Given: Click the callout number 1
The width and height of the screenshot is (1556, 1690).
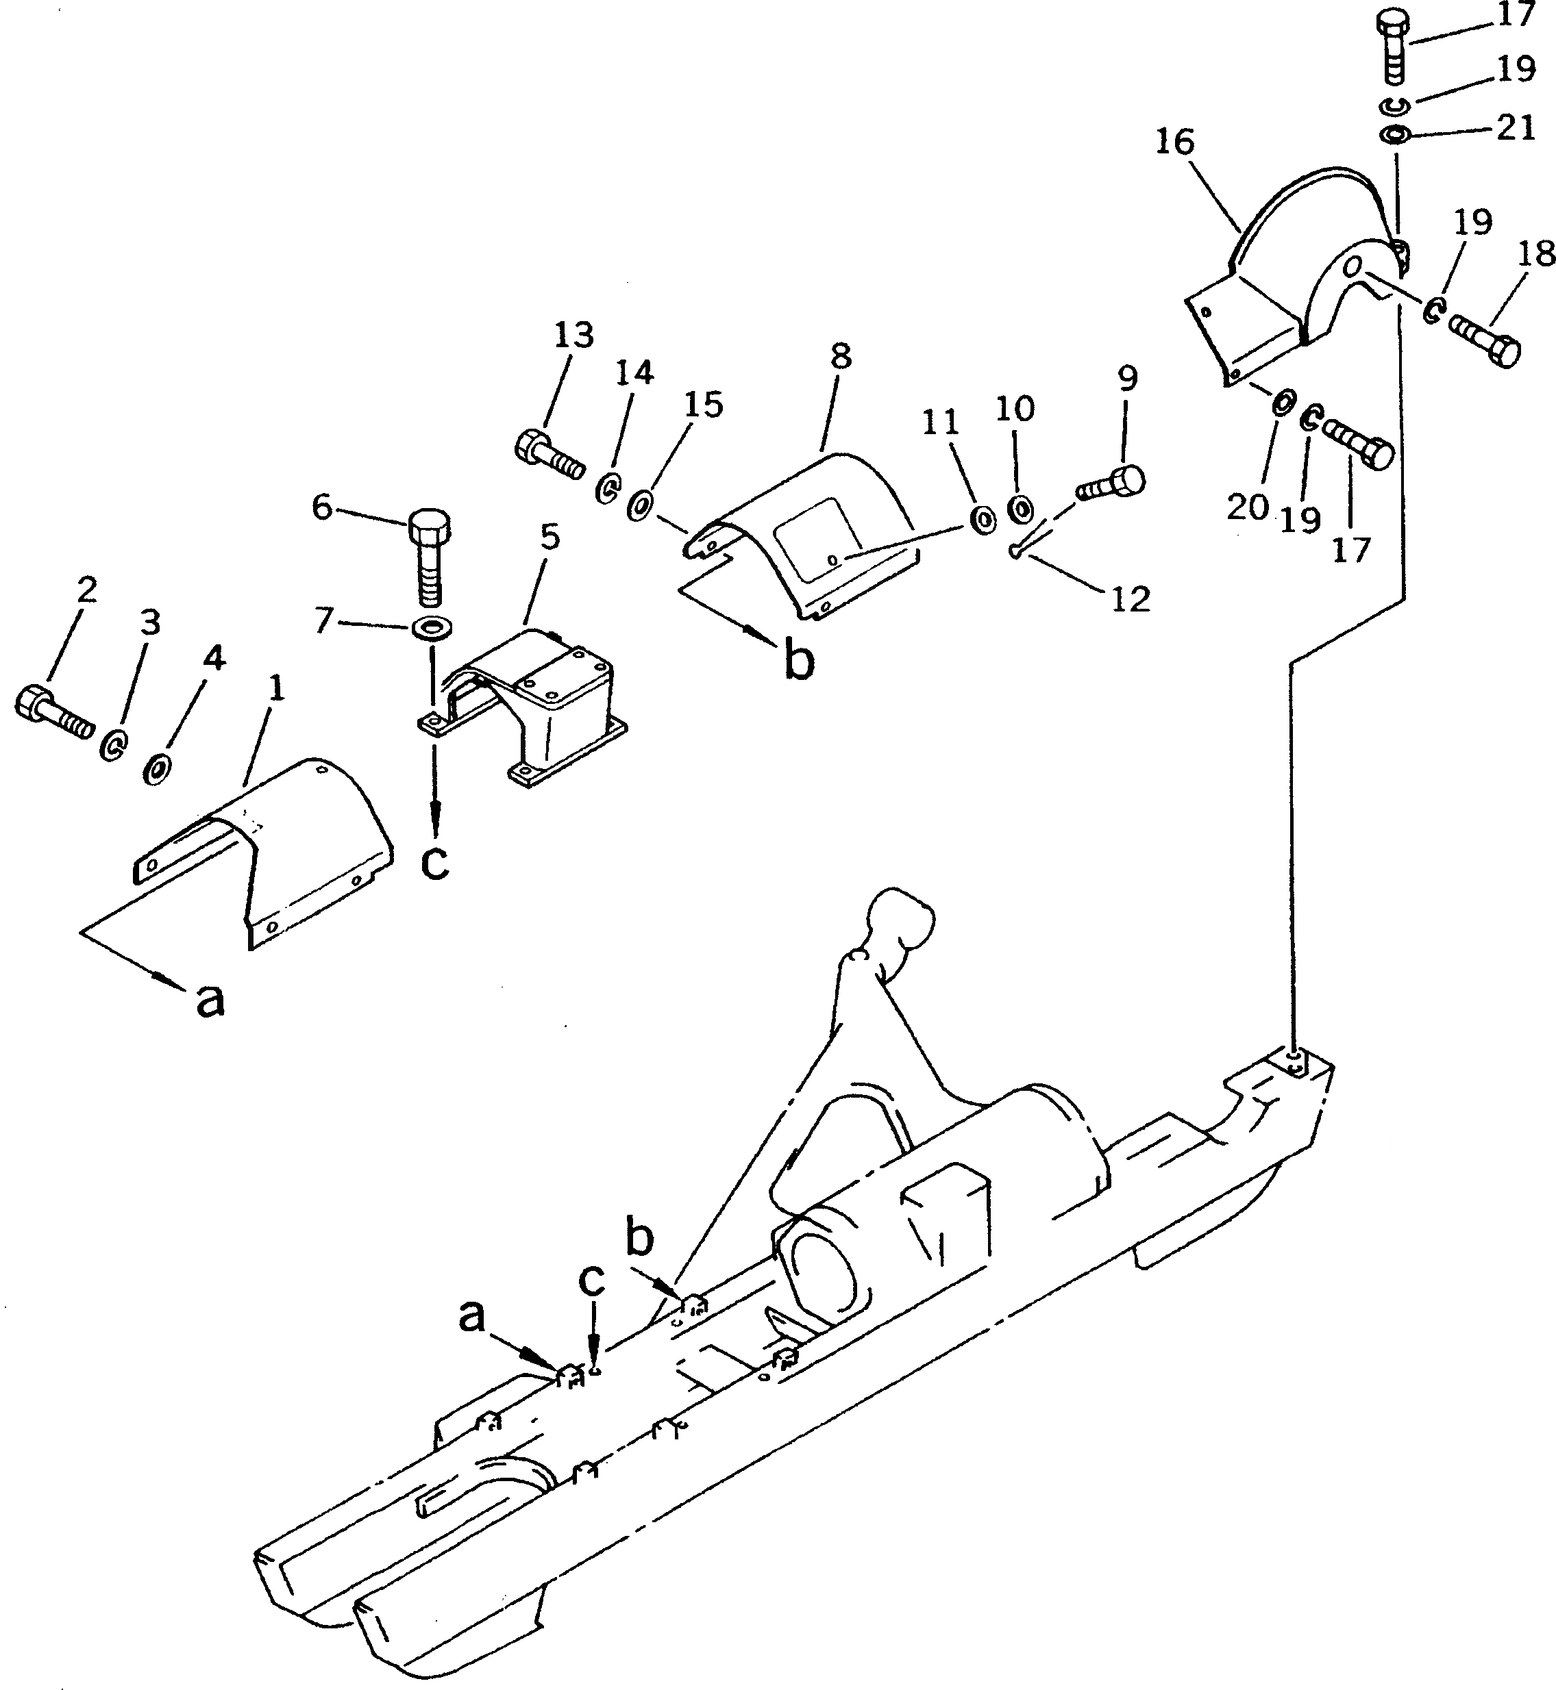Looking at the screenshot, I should coord(275,690).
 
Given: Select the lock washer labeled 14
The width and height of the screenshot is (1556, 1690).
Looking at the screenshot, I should coord(606,488).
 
